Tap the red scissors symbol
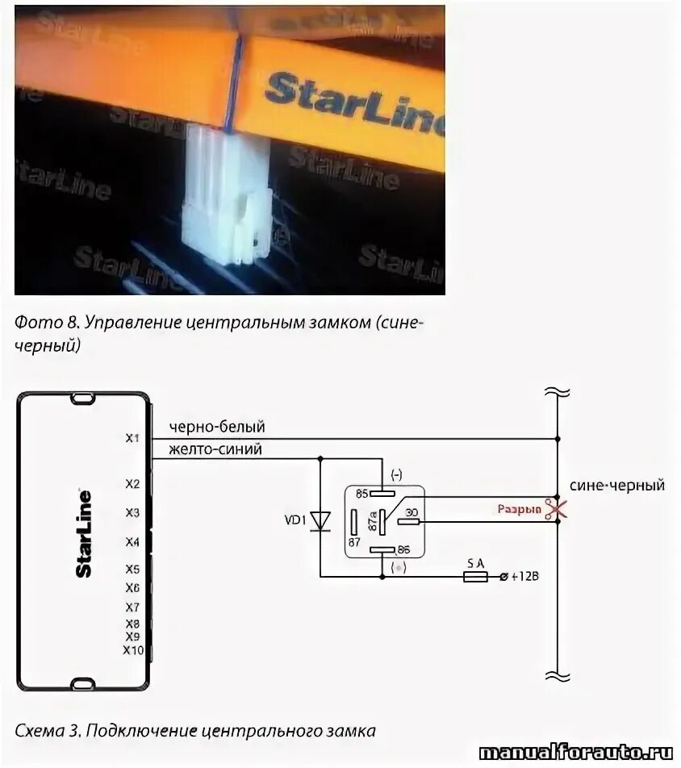point(554,509)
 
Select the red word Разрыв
point(519,510)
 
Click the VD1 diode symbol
point(320,520)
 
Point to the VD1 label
point(295,520)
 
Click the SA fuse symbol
point(475,577)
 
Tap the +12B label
point(522,577)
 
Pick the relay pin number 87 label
point(354,541)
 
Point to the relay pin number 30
point(411,511)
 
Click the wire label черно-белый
point(216,427)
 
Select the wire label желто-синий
point(215,449)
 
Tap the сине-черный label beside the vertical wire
point(617,486)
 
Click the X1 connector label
point(133,438)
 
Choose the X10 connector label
point(133,649)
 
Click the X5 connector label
point(133,569)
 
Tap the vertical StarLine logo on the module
point(83,533)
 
